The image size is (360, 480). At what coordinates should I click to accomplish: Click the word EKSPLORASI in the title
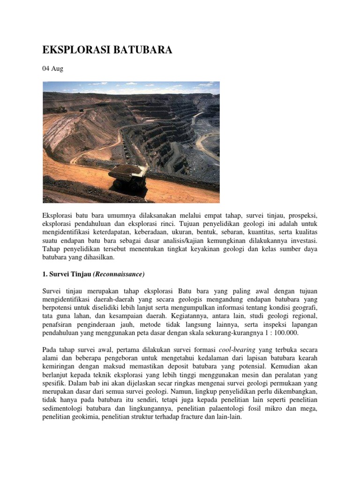point(75,50)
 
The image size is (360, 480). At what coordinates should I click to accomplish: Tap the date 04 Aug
point(52,69)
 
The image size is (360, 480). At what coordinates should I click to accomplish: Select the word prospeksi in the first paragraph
point(301,215)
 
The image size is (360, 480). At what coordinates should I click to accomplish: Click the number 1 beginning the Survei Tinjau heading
point(45,274)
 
